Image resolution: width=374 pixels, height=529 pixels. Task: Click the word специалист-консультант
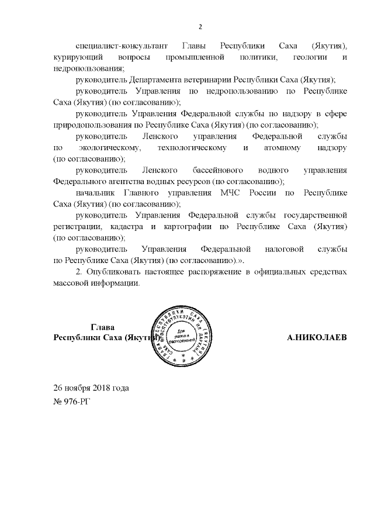122,46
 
